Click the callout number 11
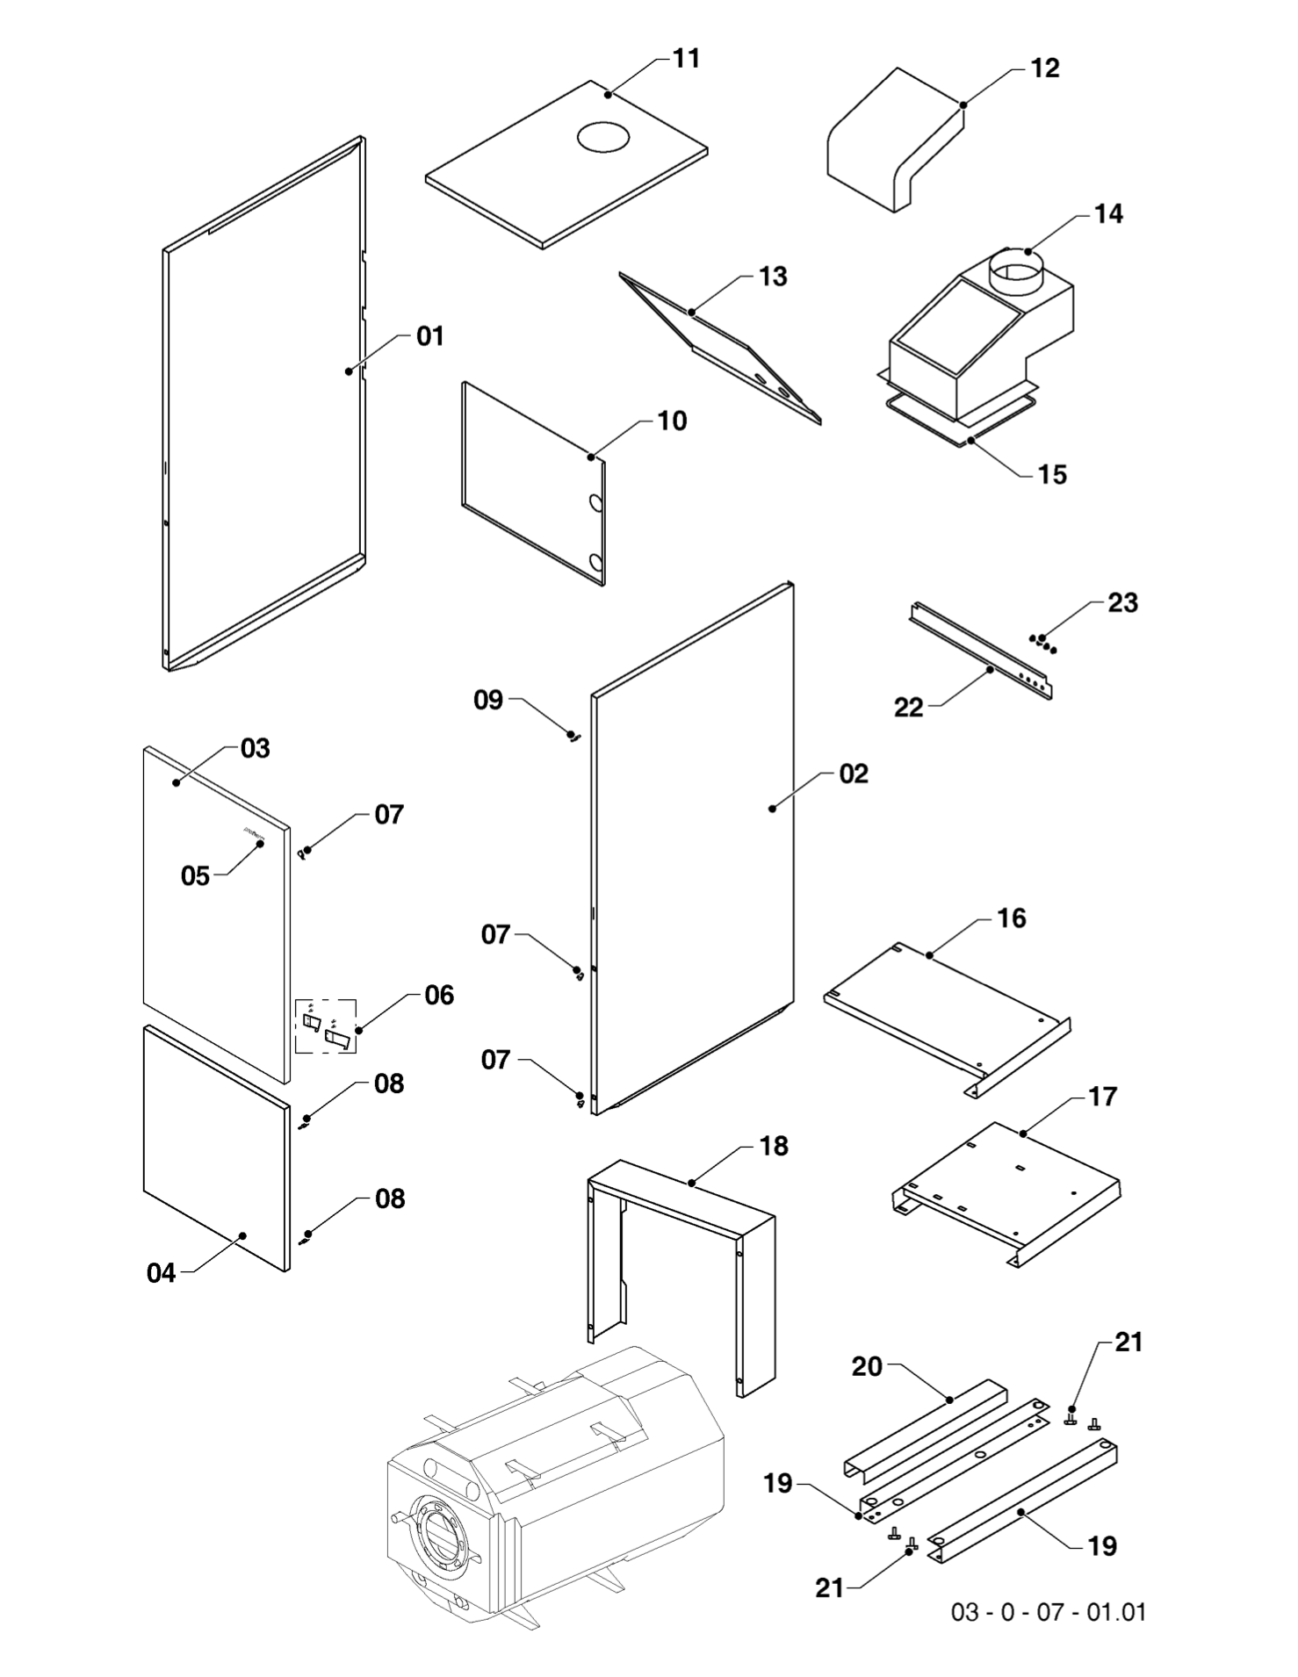click(686, 59)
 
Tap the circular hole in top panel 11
click(602, 135)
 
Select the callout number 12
click(1044, 68)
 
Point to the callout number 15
click(1052, 475)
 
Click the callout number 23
click(1122, 603)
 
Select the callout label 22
click(909, 708)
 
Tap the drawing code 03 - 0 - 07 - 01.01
click(1049, 1612)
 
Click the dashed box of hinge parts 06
click(326, 1026)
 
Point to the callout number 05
click(195, 876)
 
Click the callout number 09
click(488, 700)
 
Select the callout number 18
click(774, 1147)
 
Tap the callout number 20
click(867, 1367)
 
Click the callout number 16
click(1012, 918)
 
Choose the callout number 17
click(1102, 1097)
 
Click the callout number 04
click(162, 1273)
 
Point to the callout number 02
click(853, 774)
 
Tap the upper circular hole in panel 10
click(595, 503)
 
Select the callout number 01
click(430, 336)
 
